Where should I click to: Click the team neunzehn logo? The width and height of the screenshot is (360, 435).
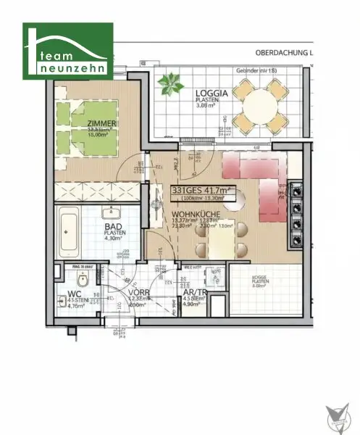click(69, 50)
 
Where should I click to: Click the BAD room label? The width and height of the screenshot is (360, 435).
click(112, 226)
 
